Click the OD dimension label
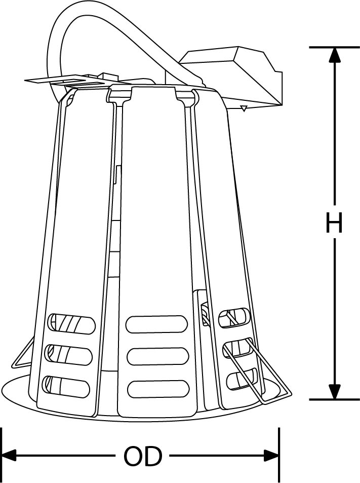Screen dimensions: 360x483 [142, 456]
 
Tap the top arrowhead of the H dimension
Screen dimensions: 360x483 [335, 55]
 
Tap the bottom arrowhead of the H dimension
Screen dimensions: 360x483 [335, 391]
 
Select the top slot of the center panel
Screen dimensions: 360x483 [156, 324]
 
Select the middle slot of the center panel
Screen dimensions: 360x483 [157, 357]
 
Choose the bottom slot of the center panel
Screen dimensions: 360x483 [158, 389]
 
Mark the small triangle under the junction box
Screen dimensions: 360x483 [244, 108]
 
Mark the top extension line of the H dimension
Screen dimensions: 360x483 [335, 47]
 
